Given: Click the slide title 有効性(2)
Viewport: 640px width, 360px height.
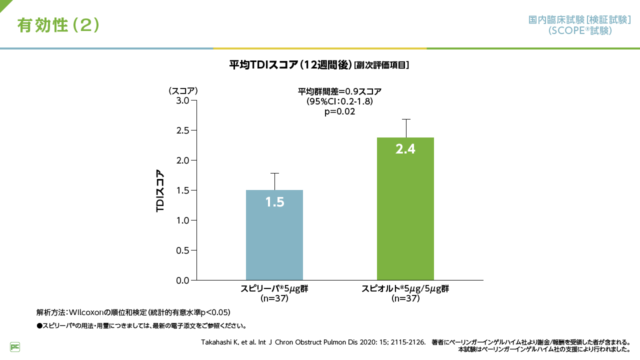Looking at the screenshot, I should click(58, 25).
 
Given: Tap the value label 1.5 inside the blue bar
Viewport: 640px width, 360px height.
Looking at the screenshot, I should click(274, 202).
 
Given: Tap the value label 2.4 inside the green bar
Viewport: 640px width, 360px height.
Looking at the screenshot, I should click(405, 148).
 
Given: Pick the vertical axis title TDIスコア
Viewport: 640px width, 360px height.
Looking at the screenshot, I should click(160, 191).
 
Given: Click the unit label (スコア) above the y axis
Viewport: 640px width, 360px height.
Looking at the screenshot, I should click(183, 91).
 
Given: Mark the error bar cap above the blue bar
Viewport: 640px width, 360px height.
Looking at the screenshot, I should click(274, 173).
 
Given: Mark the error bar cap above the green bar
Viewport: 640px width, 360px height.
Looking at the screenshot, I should click(405, 119).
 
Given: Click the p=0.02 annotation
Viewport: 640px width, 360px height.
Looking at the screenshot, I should click(339, 111).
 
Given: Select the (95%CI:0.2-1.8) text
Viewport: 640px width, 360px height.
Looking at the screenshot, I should click(339, 101).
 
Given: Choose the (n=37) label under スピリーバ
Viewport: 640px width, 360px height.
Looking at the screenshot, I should click(274, 298).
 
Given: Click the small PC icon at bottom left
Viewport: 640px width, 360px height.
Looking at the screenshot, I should click(15, 346).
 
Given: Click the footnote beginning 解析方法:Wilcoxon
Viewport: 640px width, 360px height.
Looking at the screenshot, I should click(133, 312).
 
